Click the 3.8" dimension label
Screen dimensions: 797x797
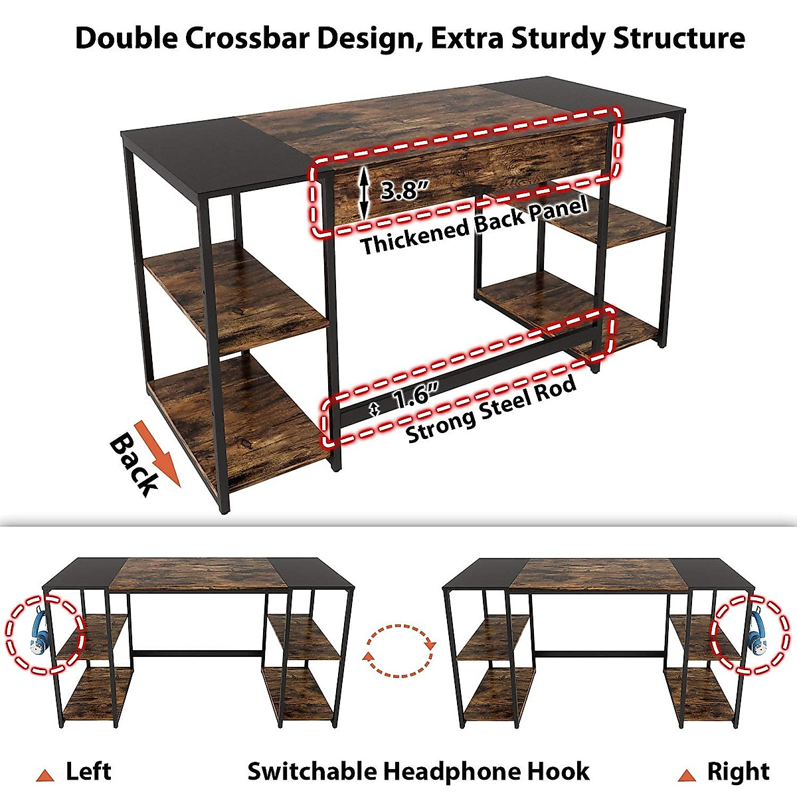click(402, 191)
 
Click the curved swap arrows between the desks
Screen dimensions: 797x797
click(399, 650)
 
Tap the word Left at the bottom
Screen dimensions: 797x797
click(88, 772)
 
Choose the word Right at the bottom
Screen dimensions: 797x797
click(737, 772)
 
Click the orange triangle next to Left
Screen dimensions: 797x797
click(45, 775)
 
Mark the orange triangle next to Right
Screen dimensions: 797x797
click(686, 775)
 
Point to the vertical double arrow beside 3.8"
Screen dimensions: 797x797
click(363, 192)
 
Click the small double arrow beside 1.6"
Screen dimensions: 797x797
click(375, 410)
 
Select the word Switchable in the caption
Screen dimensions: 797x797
click(312, 772)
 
